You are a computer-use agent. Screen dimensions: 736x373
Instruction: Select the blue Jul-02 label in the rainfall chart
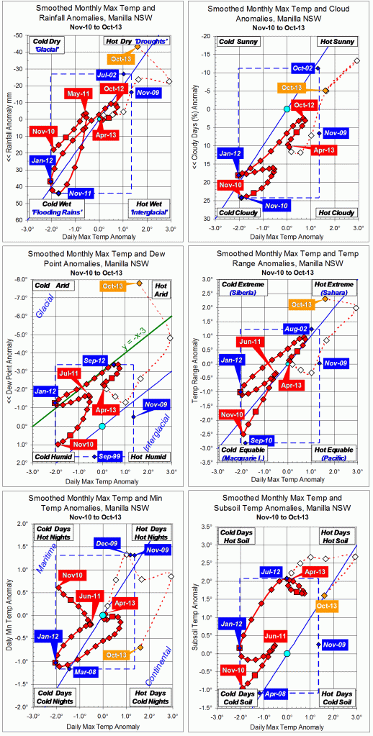tap(107, 75)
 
